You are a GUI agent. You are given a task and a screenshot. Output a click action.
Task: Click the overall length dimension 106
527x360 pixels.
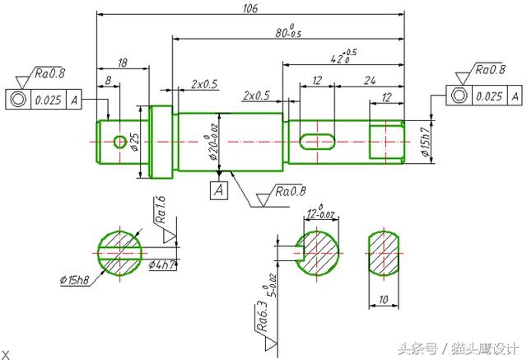tap(251, 8)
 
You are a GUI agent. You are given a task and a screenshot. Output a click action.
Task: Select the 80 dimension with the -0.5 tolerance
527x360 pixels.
tap(287, 33)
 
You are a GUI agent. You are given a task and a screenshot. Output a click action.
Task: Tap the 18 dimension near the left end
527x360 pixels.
tap(122, 63)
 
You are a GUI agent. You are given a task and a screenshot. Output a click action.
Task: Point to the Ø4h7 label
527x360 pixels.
tap(162, 265)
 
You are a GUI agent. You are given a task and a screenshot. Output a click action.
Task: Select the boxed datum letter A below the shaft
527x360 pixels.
tap(218, 191)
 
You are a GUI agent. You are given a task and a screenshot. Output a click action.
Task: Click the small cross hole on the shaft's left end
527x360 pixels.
tap(120, 142)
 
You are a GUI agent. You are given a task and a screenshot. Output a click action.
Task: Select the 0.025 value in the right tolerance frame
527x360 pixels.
tap(488, 96)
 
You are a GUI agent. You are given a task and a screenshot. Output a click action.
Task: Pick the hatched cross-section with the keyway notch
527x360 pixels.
tap(317, 252)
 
